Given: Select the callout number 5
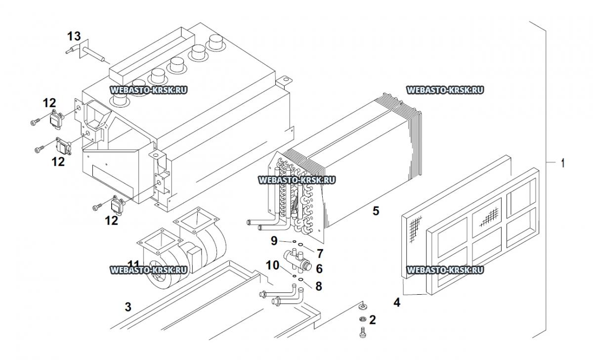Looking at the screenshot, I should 376,211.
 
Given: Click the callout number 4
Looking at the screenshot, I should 397,301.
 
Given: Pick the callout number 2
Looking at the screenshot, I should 373,319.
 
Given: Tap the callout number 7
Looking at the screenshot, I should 320,254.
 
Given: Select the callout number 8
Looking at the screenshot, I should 319,285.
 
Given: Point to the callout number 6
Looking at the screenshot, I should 319,269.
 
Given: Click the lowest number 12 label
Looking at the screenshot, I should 112,221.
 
